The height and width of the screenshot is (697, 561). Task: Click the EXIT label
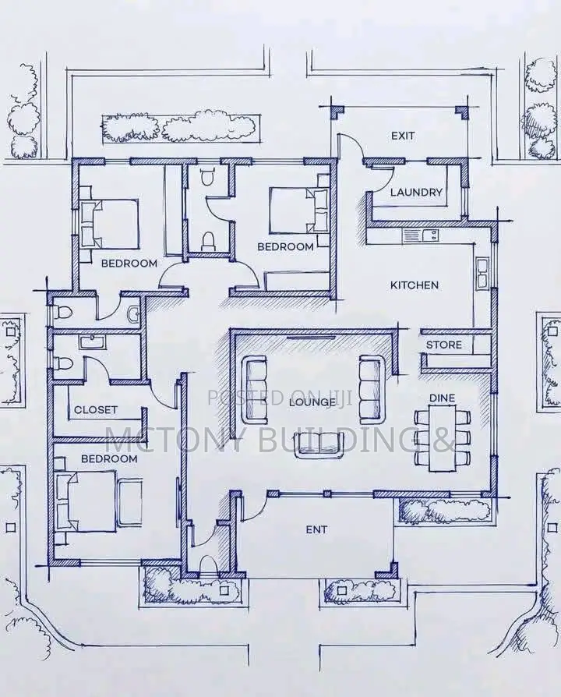pyautogui.click(x=404, y=136)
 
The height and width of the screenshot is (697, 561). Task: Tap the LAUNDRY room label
pyautogui.click(x=416, y=192)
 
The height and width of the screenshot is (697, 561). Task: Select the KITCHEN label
pyautogui.click(x=415, y=285)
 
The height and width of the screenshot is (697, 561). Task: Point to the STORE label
pyautogui.click(x=444, y=345)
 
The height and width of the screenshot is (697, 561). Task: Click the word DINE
pyautogui.click(x=443, y=398)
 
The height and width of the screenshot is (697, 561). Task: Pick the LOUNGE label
pyautogui.click(x=312, y=402)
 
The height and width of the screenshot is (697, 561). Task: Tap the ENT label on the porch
pyautogui.click(x=316, y=529)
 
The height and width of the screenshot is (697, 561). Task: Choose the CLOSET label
pyautogui.click(x=96, y=409)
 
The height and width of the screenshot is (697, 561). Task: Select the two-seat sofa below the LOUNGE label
pyautogui.click(x=320, y=445)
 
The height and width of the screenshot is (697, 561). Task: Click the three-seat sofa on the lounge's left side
pyautogui.click(x=255, y=392)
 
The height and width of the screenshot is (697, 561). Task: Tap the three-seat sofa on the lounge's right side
pyautogui.click(x=372, y=388)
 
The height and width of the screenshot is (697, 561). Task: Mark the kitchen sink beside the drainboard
pyautogui.click(x=430, y=235)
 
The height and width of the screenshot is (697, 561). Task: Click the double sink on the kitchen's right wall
pyautogui.click(x=482, y=273)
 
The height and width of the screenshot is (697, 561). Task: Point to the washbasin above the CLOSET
pyautogui.click(x=93, y=341)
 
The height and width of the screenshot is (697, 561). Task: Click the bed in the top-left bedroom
pyautogui.click(x=109, y=224)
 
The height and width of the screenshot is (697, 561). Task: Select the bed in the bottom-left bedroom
pyautogui.click(x=86, y=501)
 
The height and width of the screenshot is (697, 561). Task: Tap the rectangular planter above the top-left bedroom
pyautogui.click(x=182, y=129)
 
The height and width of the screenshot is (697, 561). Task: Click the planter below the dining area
pyautogui.click(x=444, y=511)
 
